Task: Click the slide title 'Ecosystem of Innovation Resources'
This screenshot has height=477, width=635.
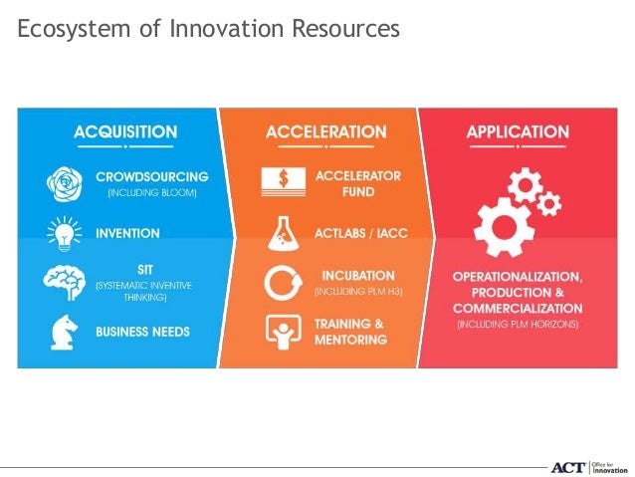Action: tap(209, 30)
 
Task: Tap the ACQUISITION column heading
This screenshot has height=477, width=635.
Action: tap(125, 131)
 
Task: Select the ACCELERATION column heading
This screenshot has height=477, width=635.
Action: tap(326, 131)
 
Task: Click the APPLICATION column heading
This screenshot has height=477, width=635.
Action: tap(518, 131)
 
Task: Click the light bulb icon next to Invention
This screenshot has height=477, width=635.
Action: tap(65, 233)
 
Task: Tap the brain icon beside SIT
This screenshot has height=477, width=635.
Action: tap(65, 282)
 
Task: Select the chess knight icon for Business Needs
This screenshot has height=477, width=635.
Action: tap(65, 331)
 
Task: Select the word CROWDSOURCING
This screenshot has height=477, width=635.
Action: tap(151, 176)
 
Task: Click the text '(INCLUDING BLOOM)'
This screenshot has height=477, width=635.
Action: tap(151, 192)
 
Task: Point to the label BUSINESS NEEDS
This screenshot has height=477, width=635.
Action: tap(142, 331)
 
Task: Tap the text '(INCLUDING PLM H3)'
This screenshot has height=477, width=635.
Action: tap(357, 292)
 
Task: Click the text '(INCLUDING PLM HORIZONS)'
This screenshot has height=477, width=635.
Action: tap(518, 325)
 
